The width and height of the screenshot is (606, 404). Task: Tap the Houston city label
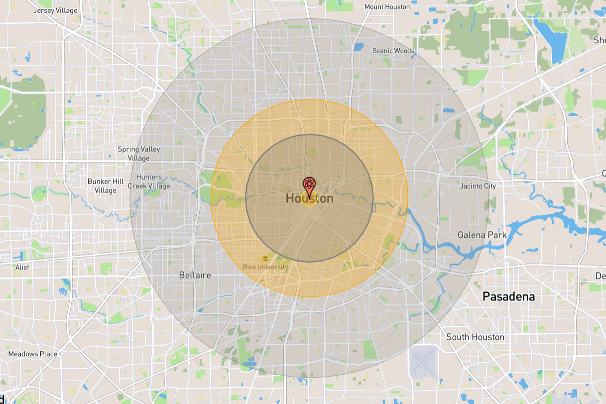click(x=309, y=198)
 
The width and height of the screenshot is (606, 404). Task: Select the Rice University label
click(x=265, y=267)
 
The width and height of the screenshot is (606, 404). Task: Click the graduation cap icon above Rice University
click(x=265, y=259)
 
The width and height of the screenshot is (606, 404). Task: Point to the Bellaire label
click(x=195, y=275)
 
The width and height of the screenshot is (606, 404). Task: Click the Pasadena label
click(x=508, y=296)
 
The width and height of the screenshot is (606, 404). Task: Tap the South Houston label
click(x=475, y=337)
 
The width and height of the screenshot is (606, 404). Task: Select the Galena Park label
click(x=482, y=235)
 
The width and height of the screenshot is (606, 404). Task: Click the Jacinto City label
click(x=478, y=186)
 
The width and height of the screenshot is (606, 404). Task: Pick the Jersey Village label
click(x=55, y=10)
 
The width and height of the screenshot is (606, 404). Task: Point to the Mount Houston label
click(x=387, y=7)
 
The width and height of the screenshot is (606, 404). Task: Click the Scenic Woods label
click(x=393, y=50)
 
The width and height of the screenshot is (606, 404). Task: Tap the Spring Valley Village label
click(x=138, y=153)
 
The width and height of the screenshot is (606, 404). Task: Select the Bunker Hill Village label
click(x=105, y=186)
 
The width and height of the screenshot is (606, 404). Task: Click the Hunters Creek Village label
click(x=149, y=181)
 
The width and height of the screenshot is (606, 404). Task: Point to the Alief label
click(x=22, y=268)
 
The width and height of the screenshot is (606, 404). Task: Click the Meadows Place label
click(x=32, y=354)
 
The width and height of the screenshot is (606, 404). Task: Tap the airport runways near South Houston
click(x=423, y=361)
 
